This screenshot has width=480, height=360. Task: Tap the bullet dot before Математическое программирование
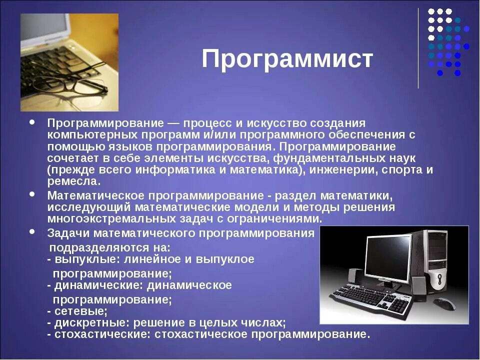(32, 194)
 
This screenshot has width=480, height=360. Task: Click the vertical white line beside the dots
(418, 47)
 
